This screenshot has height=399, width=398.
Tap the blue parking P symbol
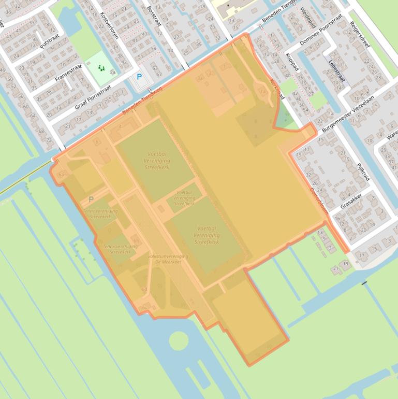point(139,77)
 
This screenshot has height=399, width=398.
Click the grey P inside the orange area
point(91,199)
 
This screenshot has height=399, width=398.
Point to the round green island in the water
point(178,341)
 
